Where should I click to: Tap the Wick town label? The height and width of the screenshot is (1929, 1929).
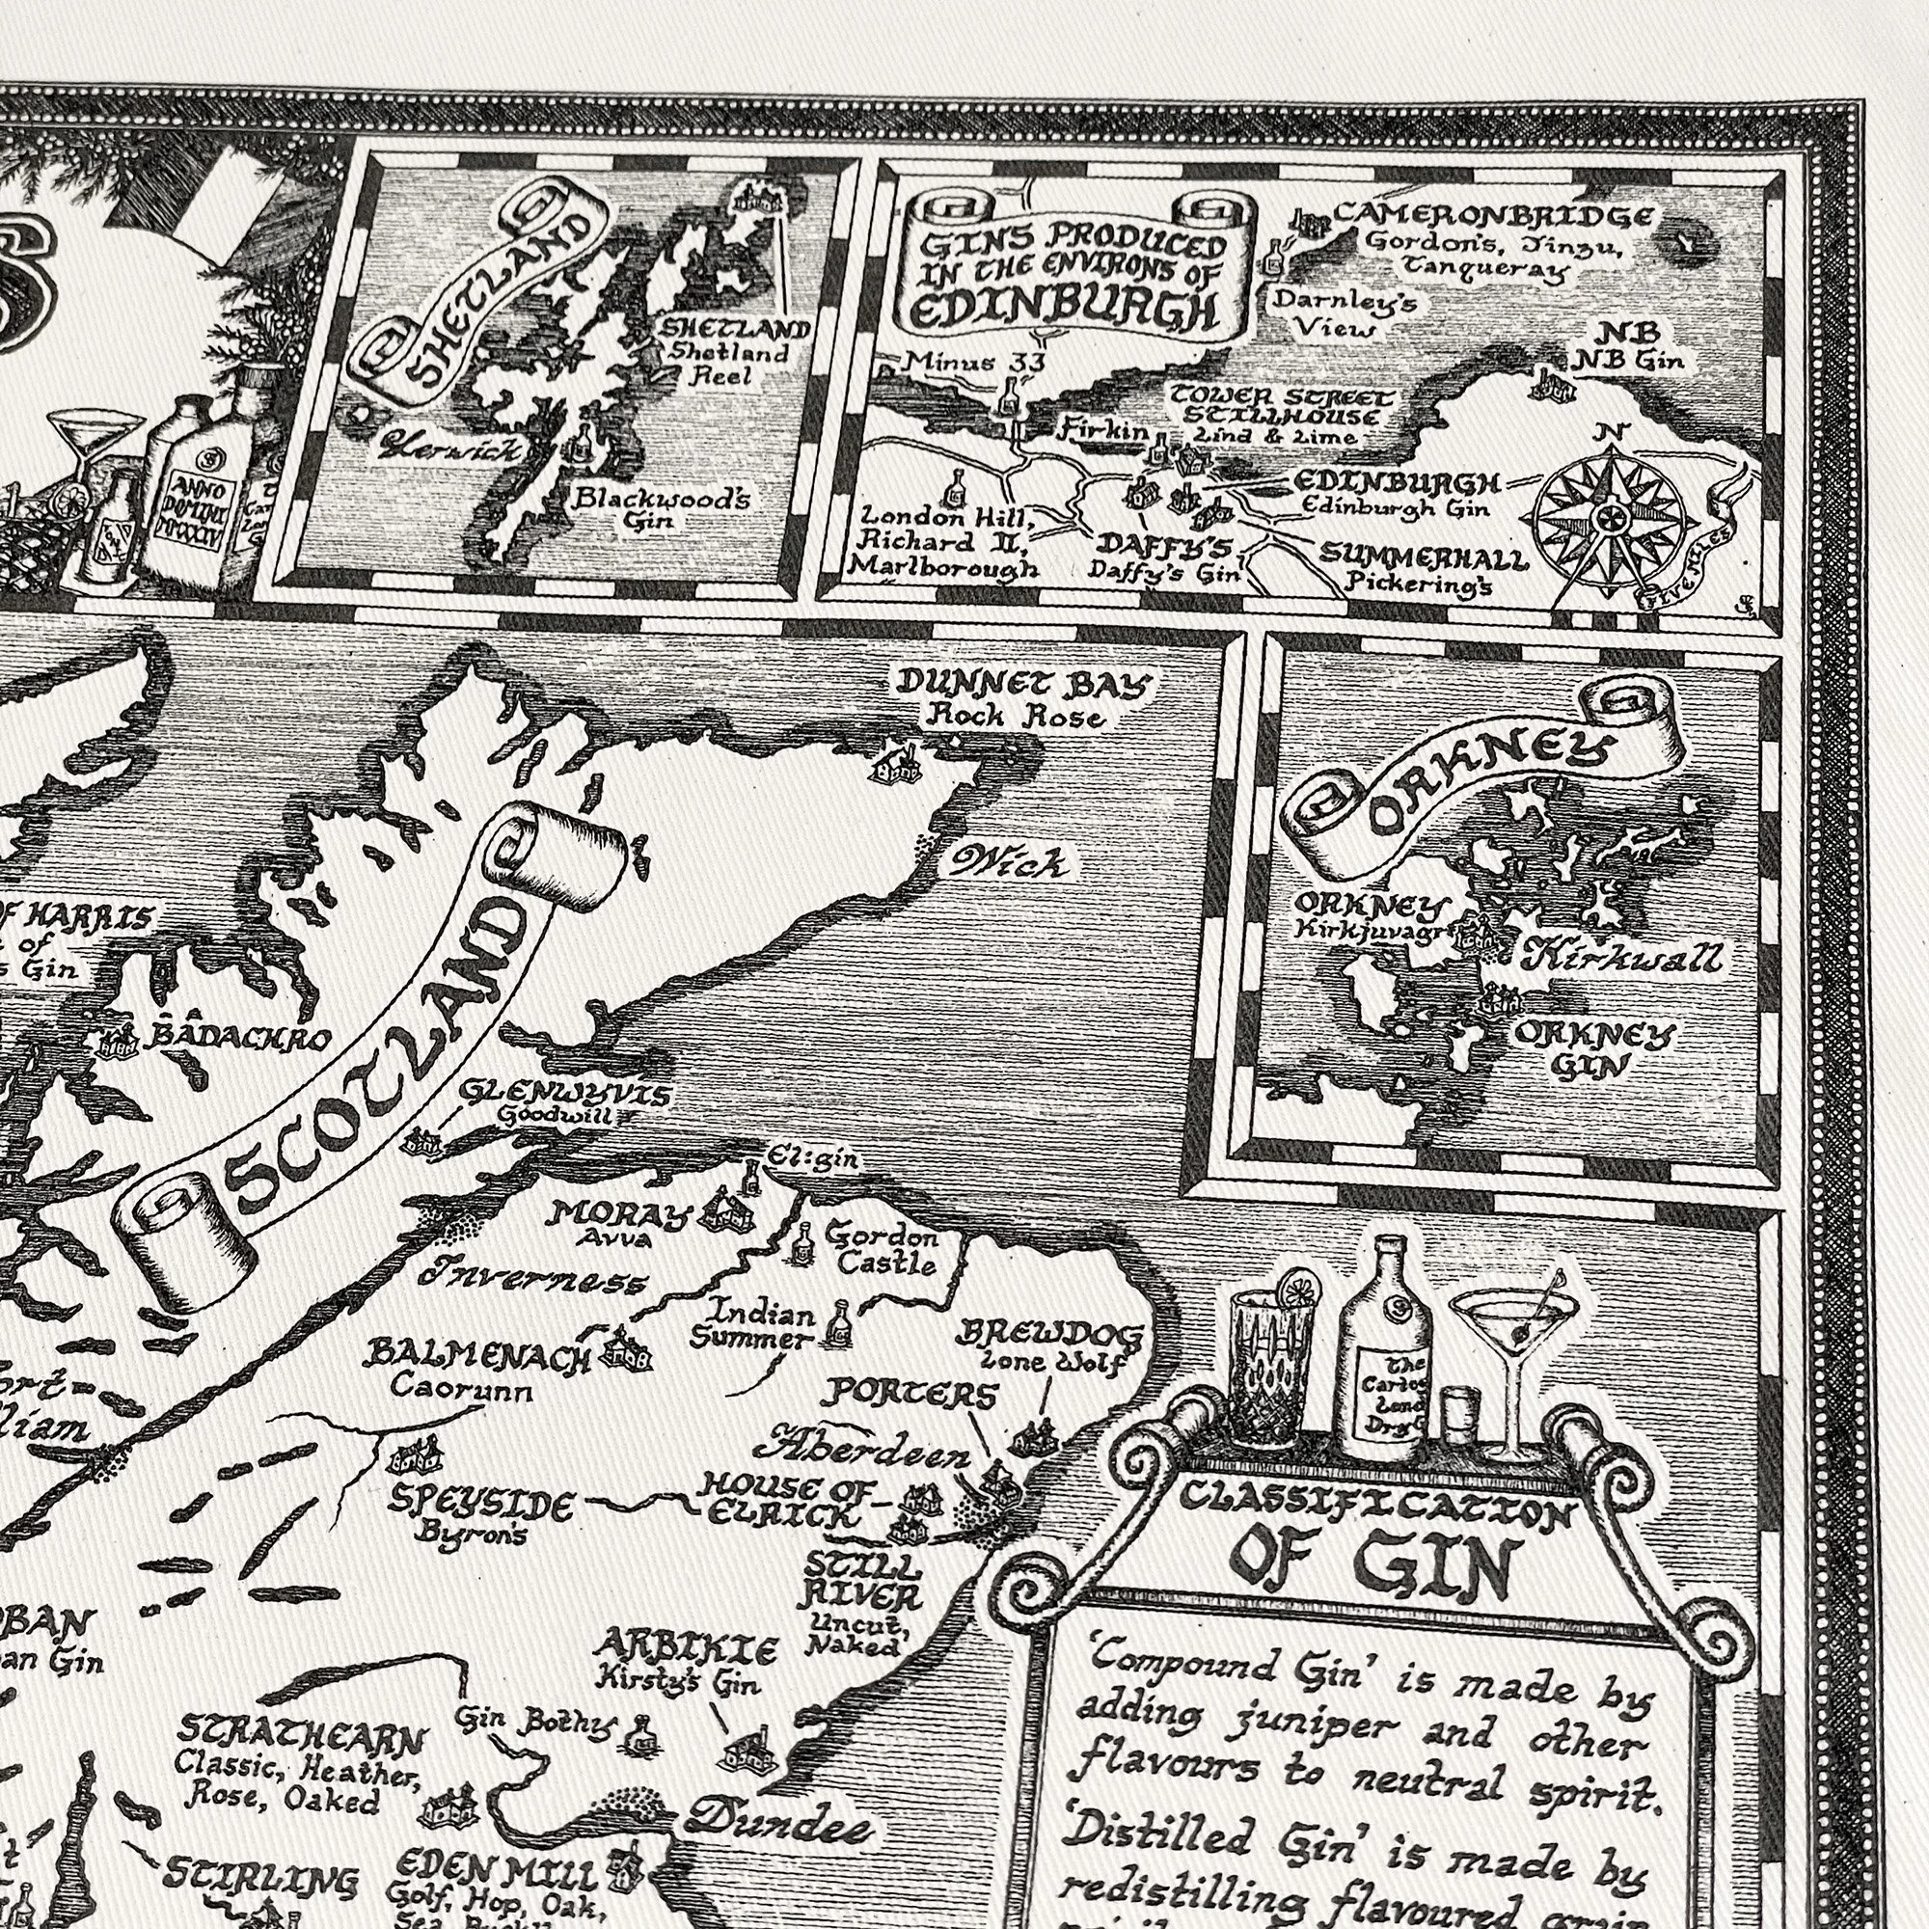[1008, 860]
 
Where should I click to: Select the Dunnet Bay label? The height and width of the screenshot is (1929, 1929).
[1023, 686]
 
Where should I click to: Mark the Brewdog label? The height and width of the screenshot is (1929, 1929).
[1048, 1334]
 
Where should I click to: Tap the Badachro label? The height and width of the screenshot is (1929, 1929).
[237, 1038]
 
